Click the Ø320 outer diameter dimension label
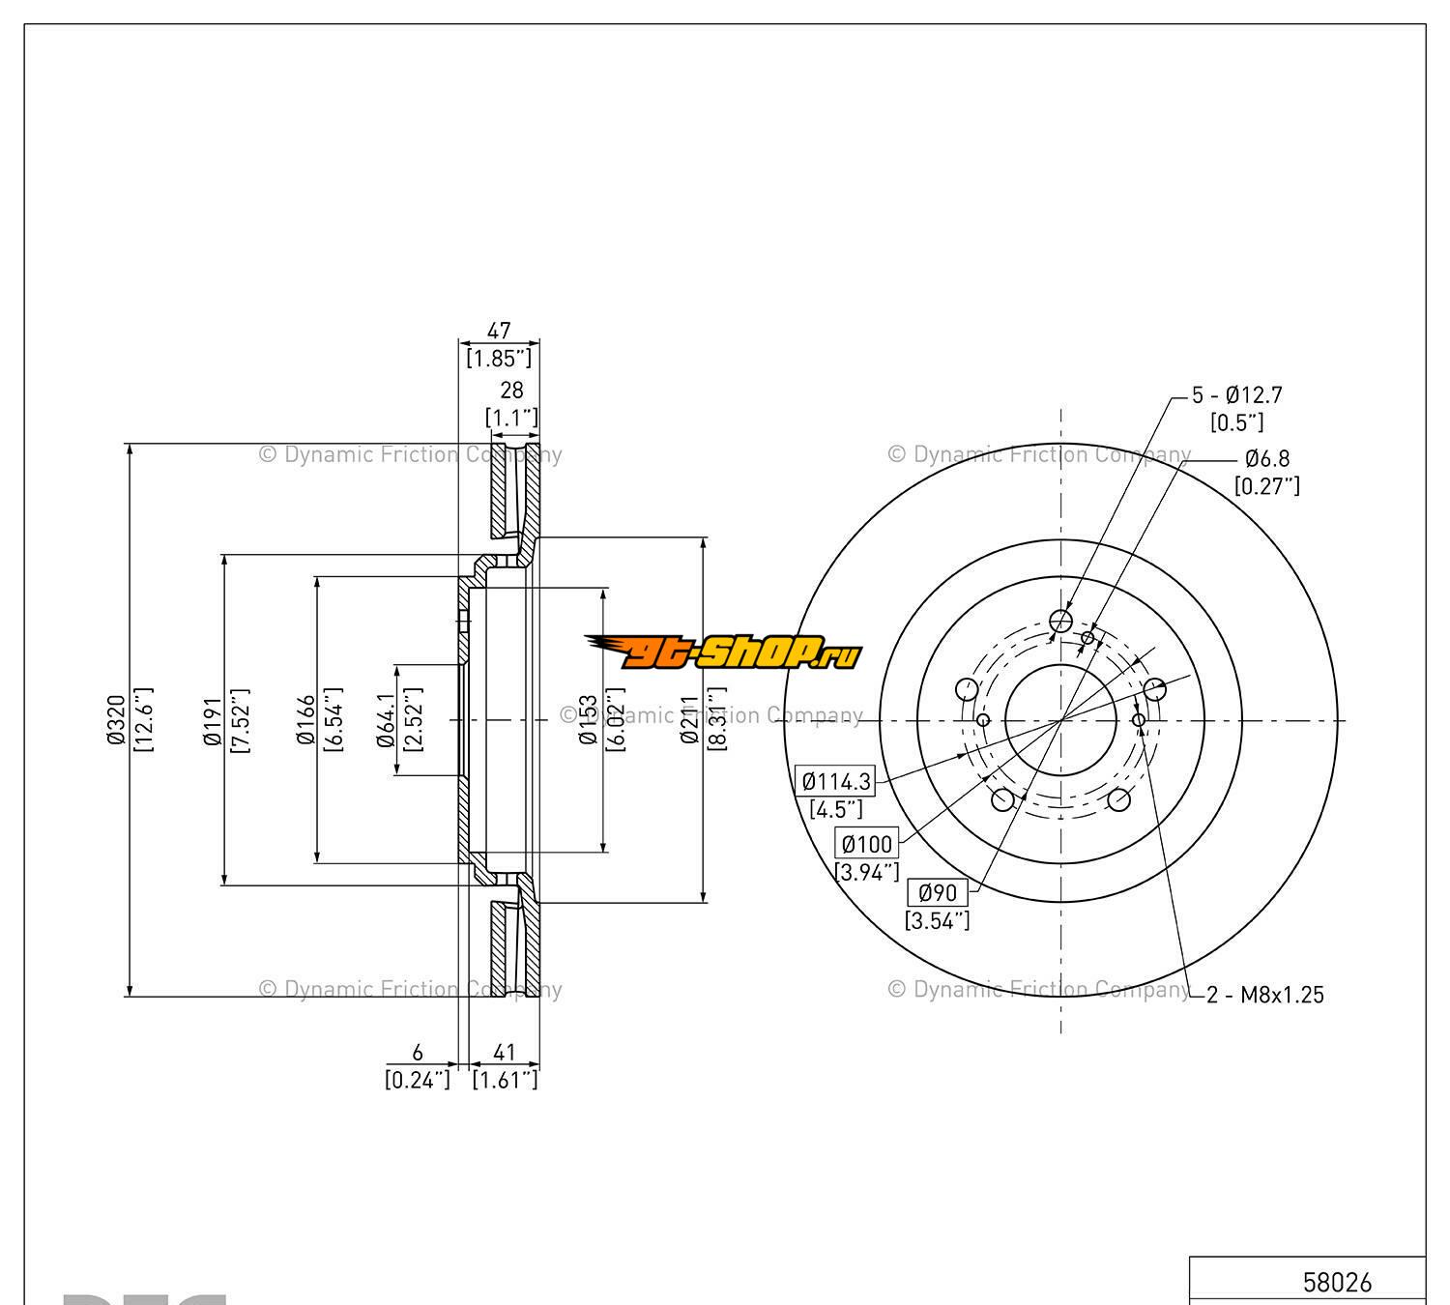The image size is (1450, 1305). [116, 720]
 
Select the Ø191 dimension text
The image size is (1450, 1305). [213, 720]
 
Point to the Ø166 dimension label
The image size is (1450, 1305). [306, 720]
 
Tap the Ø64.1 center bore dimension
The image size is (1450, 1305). [386, 720]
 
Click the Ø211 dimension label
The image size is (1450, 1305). [689, 720]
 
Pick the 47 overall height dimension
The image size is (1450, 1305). [499, 331]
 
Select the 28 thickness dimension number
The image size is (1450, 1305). [511, 390]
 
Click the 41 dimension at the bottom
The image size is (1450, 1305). [504, 1053]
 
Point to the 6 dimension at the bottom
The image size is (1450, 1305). [418, 1053]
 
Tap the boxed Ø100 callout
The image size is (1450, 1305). [867, 844]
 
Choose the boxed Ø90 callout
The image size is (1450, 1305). [937, 892]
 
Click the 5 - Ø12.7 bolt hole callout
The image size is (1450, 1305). [1236, 394]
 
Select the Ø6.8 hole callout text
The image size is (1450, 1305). [1266, 458]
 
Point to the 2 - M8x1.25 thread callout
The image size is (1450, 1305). [1265, 994]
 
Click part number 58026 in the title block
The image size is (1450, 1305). [1337, 1282]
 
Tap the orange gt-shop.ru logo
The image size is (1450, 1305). [723, 652]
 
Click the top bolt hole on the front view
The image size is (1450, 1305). [1060, 621]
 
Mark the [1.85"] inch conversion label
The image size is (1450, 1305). [499, 359]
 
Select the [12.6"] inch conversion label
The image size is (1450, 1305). [143, 720]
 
